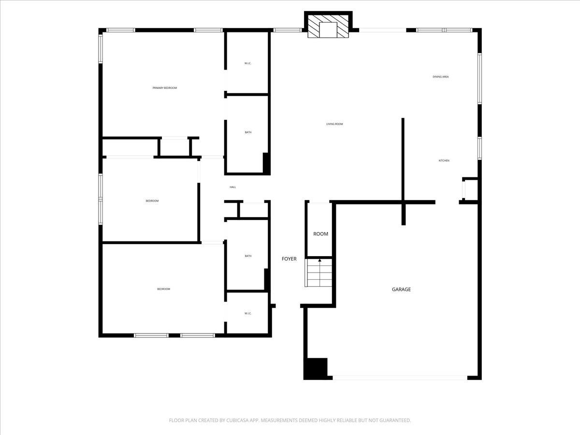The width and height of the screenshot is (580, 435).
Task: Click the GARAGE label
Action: click(401, 290)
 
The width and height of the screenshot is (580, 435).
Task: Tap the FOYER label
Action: click(289, 259)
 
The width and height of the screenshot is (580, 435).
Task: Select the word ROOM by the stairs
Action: click(320, 234)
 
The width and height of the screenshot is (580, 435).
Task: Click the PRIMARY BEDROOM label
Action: click(165, 88)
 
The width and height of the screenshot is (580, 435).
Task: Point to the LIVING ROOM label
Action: click(334, 124)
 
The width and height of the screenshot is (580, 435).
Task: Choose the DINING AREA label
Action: click(441, 77)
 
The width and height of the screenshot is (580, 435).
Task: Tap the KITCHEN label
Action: click(444, 160)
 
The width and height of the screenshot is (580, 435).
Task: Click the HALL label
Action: click(233, 187)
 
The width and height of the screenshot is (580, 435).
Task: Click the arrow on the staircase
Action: click(319, 261)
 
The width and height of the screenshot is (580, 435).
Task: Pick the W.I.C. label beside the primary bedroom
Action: click(247, 63)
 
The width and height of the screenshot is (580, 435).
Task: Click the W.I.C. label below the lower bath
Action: click(248, 313)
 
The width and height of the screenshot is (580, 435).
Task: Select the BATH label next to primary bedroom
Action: click(248, 132)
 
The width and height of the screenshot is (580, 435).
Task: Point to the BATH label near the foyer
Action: click(248, 256)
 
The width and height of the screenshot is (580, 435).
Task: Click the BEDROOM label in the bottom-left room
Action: click(163, 289)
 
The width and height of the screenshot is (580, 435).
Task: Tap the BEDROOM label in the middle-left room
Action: click(152, 201)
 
